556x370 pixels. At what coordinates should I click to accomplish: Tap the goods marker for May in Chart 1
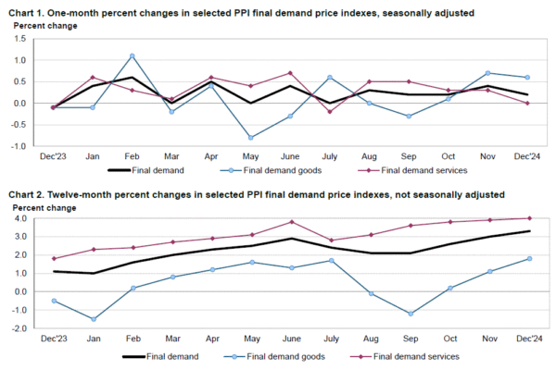(x=250, y=137)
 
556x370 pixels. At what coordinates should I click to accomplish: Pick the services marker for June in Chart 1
(x=290, y=72)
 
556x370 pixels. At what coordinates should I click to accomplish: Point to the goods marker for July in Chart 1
(x=330, y=77)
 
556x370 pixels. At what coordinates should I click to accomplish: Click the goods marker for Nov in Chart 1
(x=488, y=72)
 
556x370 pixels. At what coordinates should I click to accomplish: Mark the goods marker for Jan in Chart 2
(x=93, y=319)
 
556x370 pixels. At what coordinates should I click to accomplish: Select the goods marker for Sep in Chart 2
(x=410, y=314)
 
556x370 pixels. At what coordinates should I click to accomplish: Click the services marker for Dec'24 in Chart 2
(x=529, y=218)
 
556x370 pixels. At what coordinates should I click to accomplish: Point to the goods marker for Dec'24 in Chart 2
(x=529, y=258)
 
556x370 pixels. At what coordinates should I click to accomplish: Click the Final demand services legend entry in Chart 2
(x=415, y=356)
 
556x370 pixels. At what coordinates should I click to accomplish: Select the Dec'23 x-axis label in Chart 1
(x=53, y=158)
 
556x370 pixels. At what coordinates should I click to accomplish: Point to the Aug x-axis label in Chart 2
(x=370, y=341)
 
